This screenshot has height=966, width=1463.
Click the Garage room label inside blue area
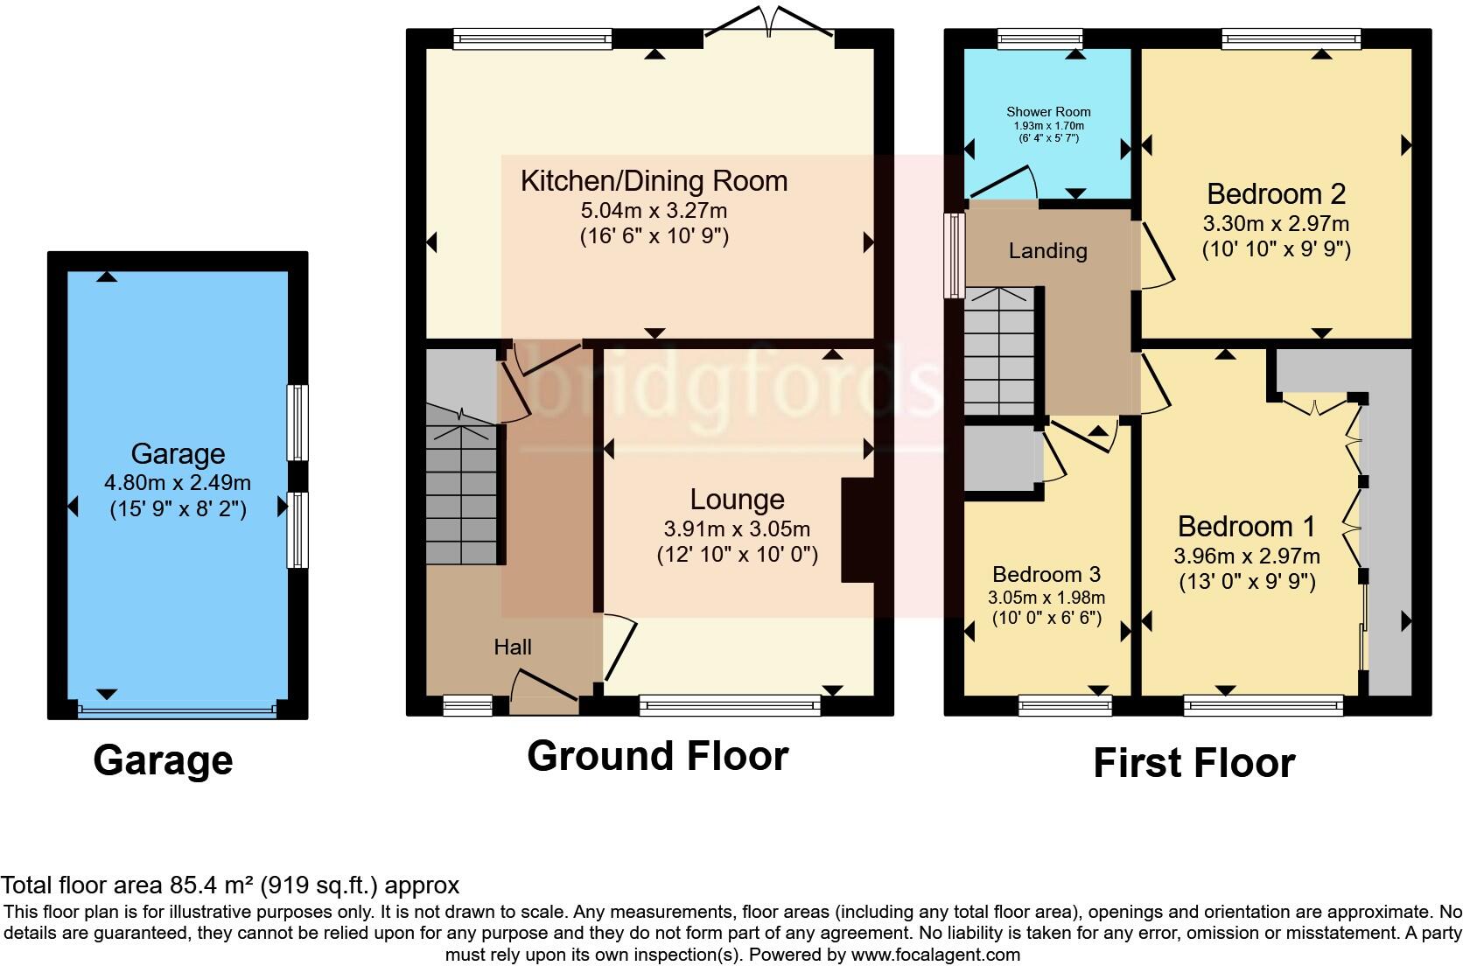(178, 453)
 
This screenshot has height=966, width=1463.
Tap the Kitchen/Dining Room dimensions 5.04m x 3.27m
(654, 211)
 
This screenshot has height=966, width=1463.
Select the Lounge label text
(737, 500)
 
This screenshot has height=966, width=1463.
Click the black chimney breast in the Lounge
(857, 529)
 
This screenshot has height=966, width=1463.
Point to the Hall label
(513, 647)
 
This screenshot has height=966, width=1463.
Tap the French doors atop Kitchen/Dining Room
(769, 21)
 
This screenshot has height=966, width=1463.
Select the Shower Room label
(1048, 112)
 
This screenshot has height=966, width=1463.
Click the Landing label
(1047, 251)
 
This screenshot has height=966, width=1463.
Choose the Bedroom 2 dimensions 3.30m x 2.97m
(1276, 224)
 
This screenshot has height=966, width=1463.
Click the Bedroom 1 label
(1246, 527)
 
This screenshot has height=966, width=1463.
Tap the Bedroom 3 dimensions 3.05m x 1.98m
(1046, 598)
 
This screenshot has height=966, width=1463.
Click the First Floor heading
(1193, 763)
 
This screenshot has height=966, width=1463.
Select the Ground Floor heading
(657, 756)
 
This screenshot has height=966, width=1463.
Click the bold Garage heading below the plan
(163, 760)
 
